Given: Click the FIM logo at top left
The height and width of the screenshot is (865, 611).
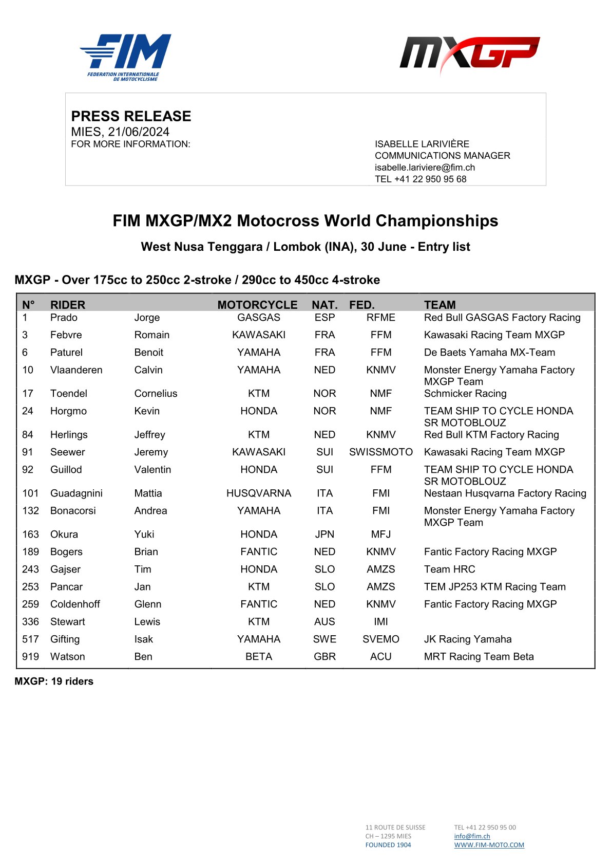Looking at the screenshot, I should (126, 57).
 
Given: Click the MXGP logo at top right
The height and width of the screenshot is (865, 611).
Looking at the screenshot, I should (469, 54).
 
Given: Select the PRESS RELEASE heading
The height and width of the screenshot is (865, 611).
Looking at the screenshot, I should (131, 116).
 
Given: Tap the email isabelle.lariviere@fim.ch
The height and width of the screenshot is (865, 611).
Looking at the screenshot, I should (425, 168).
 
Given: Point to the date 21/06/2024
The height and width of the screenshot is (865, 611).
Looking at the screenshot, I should (139, 132).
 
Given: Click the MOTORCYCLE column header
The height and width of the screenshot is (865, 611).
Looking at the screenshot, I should (257, 305).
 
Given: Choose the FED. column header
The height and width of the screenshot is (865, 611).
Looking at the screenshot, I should (361, 305).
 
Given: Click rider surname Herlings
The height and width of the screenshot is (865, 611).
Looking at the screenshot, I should (69, 435).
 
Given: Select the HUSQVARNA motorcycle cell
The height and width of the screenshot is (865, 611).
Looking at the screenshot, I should (259, 493).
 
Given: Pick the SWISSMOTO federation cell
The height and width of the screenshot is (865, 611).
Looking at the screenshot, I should (380, 452).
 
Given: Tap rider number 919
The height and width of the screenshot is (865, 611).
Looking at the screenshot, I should (31, 657).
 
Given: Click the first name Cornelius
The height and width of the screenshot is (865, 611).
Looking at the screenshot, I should (156, 394).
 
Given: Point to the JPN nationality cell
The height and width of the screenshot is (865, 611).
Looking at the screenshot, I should (324, 535).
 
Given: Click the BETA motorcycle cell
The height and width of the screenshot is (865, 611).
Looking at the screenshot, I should (259, 657).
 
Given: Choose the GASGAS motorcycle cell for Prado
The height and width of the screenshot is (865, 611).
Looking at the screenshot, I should (259, 318).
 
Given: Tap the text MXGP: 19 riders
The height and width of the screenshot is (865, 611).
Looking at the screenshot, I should (54, 682).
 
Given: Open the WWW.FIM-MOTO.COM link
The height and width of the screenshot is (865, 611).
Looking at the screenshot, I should (489, 845).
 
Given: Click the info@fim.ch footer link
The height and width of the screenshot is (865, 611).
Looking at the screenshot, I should (472, 836).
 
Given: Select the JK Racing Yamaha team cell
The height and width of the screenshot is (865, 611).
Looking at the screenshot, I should (468, 639).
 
